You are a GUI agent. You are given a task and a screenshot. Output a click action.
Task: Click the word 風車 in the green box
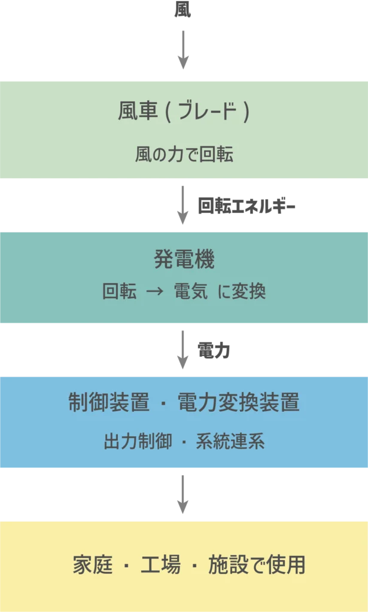click(x=138, y=112)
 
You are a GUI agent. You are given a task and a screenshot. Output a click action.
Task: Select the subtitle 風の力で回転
click(x=184, y=155)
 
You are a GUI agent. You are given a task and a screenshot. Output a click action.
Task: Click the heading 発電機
click(x=184, y=259)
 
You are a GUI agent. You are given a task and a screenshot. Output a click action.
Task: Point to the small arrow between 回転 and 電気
click(x=155, y=292)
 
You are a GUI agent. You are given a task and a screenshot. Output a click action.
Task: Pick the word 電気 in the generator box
click(x=191, y=292)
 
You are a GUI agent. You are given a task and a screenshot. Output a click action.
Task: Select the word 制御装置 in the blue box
click(x=108, y=403)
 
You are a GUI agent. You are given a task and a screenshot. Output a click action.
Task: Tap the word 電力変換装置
click(x=239, y=403)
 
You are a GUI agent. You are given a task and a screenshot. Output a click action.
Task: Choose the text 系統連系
click(x=230, y=442)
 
